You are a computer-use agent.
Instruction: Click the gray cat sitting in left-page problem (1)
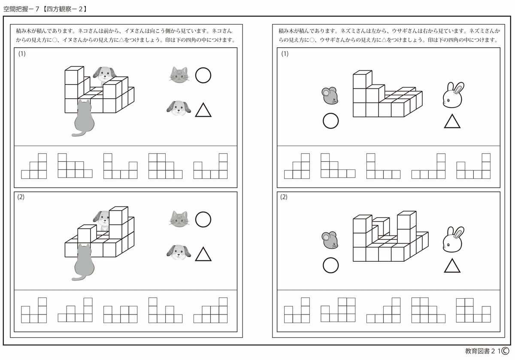click(x=84, y=118)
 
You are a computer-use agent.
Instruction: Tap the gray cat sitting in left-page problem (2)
click(x=84, y=262)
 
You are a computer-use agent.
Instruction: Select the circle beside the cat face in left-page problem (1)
click(x=203, y=76)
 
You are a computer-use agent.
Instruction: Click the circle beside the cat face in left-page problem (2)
click(x=203, y=220)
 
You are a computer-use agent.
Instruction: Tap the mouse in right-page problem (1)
click(x=330, y=96)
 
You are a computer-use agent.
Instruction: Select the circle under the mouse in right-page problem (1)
click(x=330, y=121)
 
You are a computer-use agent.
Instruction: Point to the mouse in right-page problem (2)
click(x=330, y=240)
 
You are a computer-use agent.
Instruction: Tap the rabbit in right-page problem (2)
click(x=452, y=239)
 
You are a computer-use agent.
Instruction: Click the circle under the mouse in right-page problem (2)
click(x=330, y=265)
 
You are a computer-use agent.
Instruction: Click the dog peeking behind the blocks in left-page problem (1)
click(x=103, y=74)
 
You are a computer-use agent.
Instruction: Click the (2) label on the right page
click(x=284, y=197)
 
